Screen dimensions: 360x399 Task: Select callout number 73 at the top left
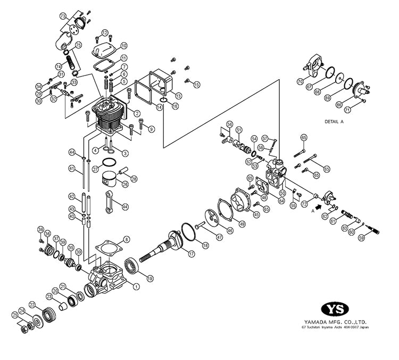(x=63, y=16)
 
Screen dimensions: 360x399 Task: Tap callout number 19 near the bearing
(x=150, y=277)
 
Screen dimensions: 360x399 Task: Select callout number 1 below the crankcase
(x=137, y=286)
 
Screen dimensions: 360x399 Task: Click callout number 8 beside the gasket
(x=126, y=240)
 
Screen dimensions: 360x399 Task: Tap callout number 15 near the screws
(x=196, y=85)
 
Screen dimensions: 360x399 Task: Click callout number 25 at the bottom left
(x=15, y=315)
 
